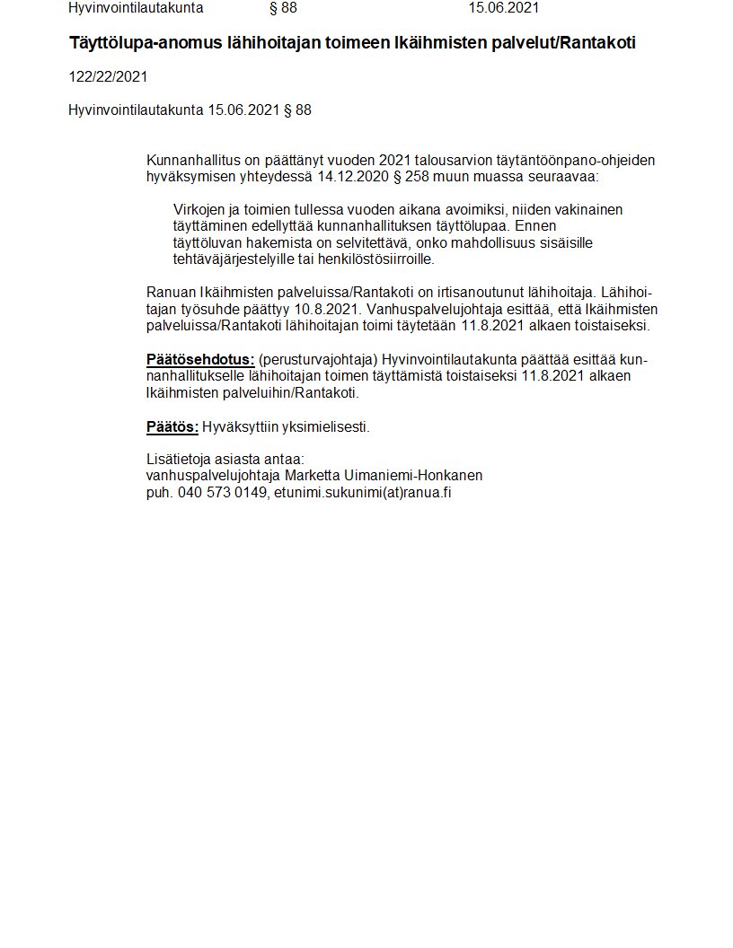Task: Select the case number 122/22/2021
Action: coord(108,77)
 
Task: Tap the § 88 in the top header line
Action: coord(283,8)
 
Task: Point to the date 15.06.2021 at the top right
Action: coord(504,8)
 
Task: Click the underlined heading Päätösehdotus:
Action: coord(200,360)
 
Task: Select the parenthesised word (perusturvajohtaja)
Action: coord(318,360)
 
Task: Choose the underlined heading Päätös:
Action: coord(172,427)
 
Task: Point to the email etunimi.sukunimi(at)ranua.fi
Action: coord(362,492)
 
